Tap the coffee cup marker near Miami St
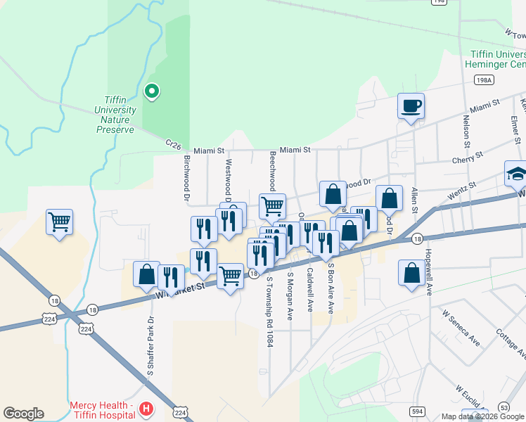tap(411, 107)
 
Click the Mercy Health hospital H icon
tap(146, 408)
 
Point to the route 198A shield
tap(484, 80)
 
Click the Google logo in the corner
tap(23, 414)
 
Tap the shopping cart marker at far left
tap(60, 223)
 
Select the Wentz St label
tap(462, 188)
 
